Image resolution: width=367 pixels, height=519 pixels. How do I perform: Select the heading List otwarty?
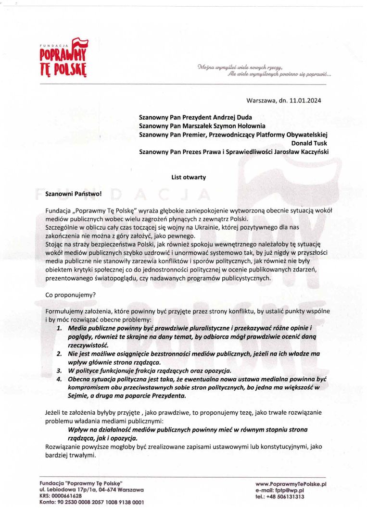point(189,177)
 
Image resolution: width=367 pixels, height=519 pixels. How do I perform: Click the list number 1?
point(59,328)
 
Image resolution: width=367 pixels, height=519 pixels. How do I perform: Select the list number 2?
point(59,354)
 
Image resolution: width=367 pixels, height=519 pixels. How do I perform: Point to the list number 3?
point(59,371)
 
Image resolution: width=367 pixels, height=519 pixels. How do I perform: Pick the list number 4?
point(59,379)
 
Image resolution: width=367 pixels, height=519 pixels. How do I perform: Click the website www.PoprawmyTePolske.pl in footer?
point(291,484)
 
